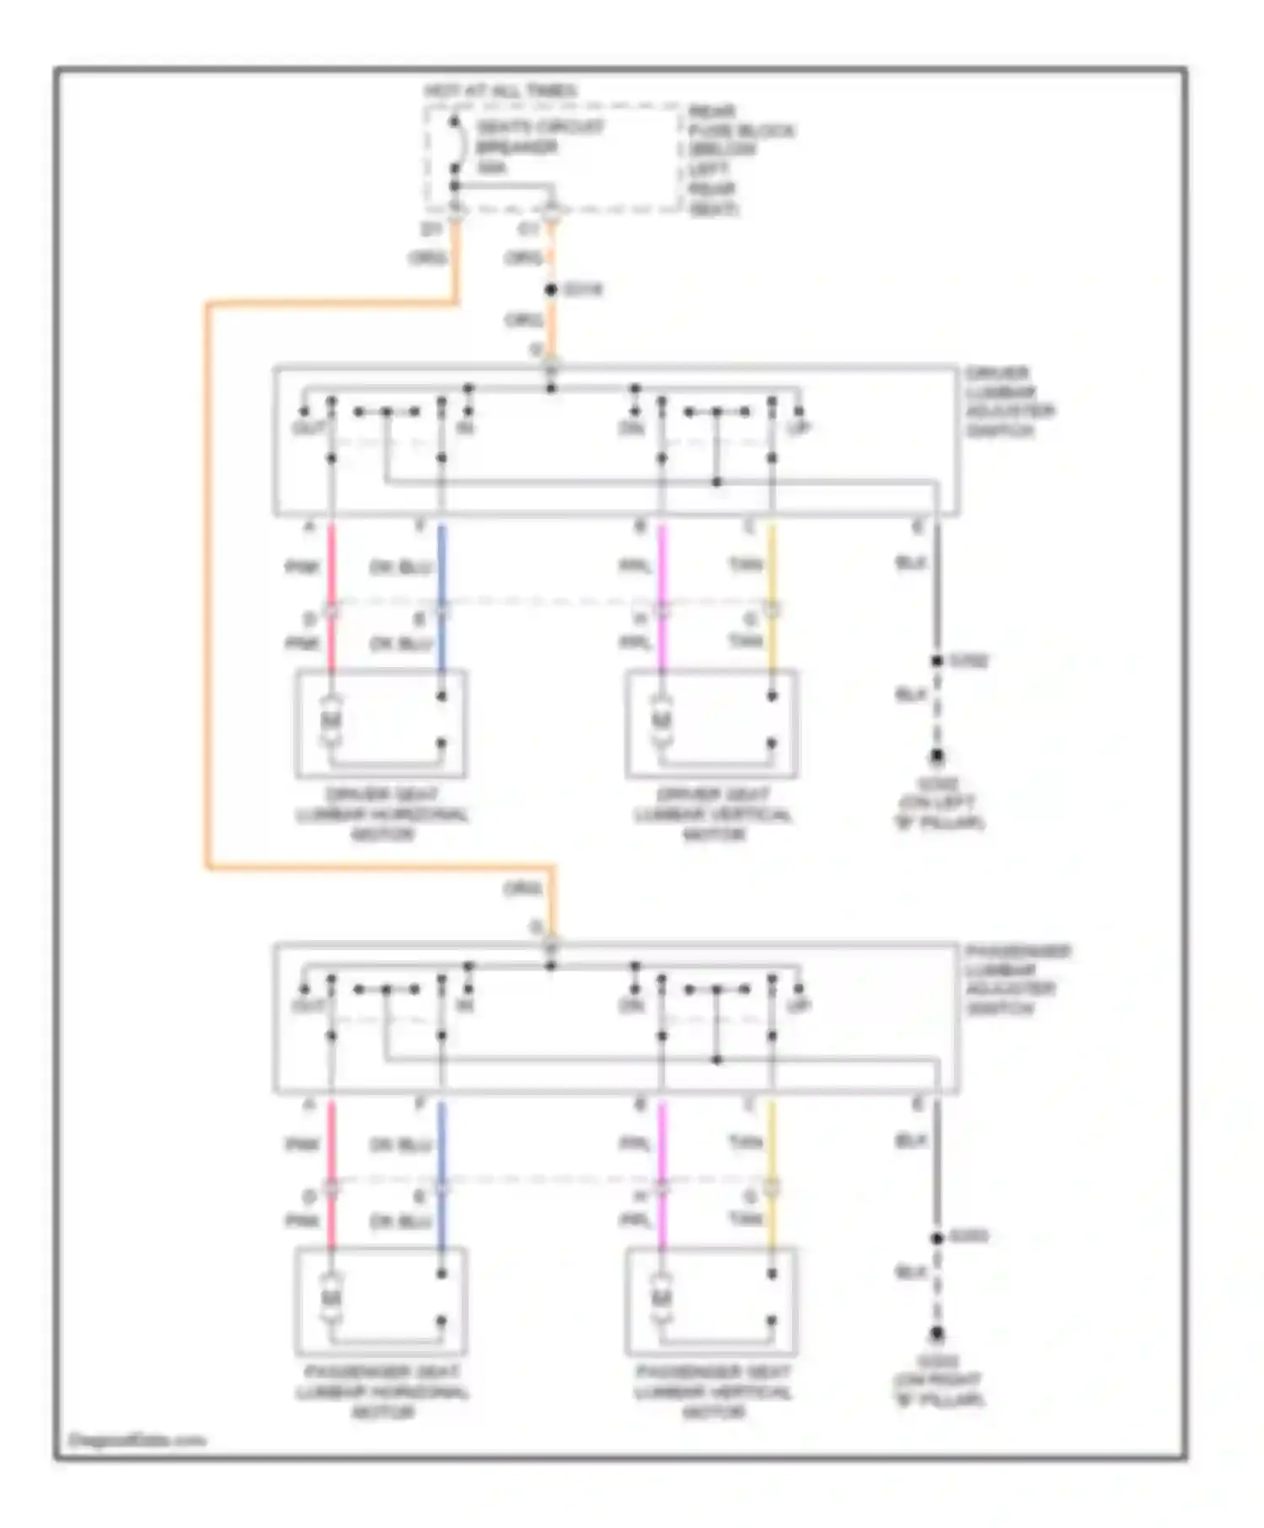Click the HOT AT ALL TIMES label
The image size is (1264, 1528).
pyautogui.click(x=501, y=90)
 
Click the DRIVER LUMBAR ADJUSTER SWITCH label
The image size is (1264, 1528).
pyautogui.click(x=1010, y=401)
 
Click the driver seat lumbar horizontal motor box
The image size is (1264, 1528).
pyautogui.click(x=380, y=724)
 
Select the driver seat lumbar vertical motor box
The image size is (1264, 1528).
pyautogui.click(x=711, y=724)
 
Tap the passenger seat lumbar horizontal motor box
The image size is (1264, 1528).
pyautogui.click(x=380, y=1301)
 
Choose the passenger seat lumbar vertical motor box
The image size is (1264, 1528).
pyautogui.click(x=711, y=1301)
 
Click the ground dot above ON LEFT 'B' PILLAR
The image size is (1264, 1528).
pyautogui.click(x=936, y=756)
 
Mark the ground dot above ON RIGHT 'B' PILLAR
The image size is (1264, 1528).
pyautogui.click(x=936, y=1334)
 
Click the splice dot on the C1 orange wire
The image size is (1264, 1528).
pyautogui.click(x=551, y=289)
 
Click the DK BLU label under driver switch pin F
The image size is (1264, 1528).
pyautogui.click(x=401, y=567)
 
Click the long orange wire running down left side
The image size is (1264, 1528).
pyautogui.click(x=207, y=590)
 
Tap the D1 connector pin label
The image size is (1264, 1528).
pyautogui.click(x=431, y=229)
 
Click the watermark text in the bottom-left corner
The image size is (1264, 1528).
pyautogui.click(x=137, y=1440)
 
